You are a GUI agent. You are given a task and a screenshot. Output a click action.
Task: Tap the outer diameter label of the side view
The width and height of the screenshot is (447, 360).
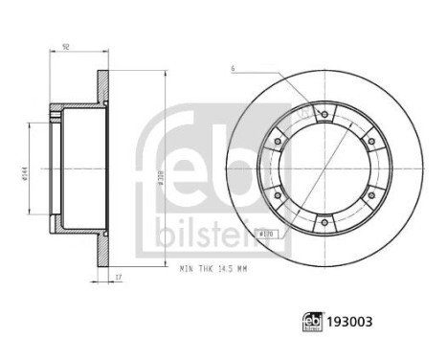(170, 174)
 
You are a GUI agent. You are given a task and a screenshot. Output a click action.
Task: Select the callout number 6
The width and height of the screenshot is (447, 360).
(233, 68)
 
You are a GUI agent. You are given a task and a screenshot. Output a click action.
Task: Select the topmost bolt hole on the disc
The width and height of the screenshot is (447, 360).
(324, 115)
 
